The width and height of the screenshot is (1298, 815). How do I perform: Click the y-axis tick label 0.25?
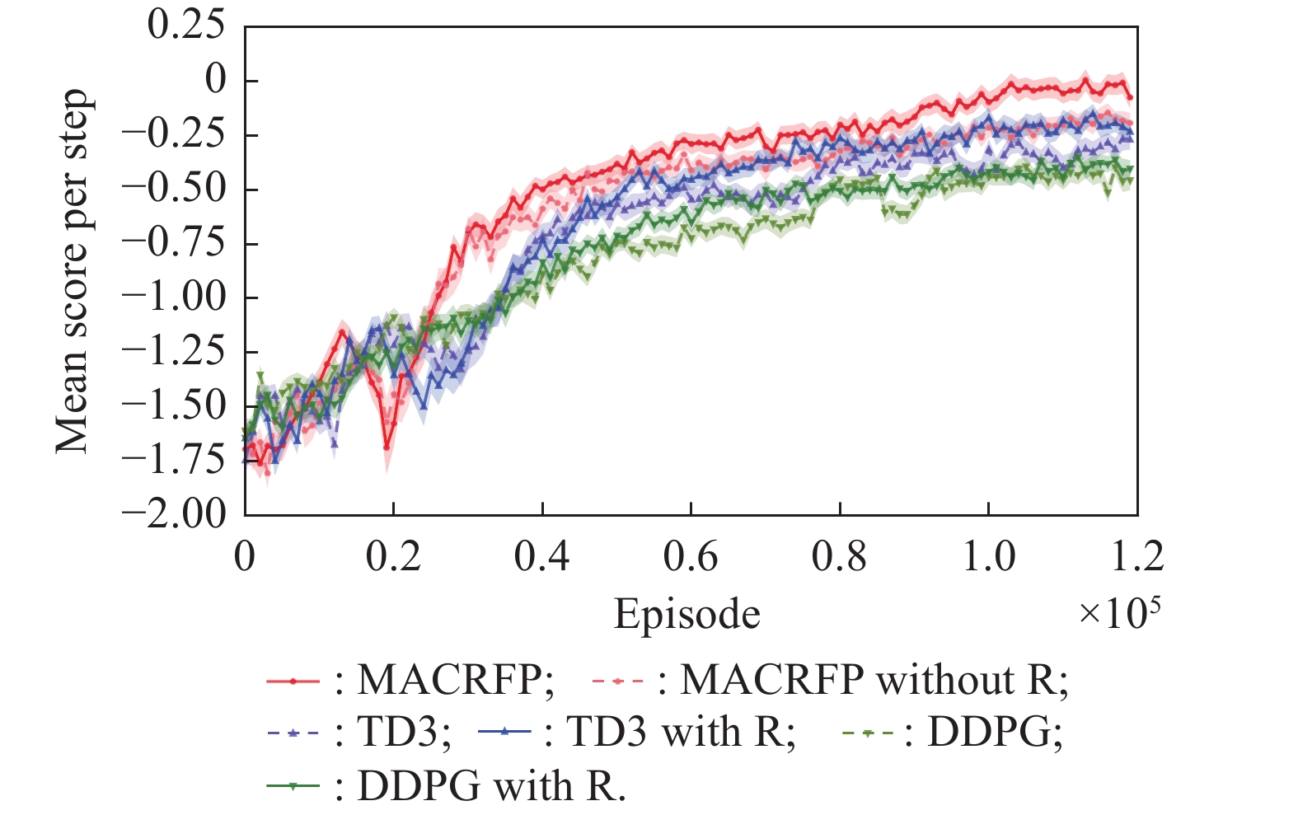click(x=185, y=26)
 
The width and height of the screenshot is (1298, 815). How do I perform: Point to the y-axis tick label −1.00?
click(x=174, y=297)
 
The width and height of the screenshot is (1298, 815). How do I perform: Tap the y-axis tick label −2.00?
click(x=174, y=514)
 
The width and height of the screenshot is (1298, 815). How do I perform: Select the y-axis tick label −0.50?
click(x=174, y=189)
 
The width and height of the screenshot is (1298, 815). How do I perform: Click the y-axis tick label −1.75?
click(x=174, y=460)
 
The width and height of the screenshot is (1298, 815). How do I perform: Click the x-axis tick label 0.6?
click(x=691, y=557)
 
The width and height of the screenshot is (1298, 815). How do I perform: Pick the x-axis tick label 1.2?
click(x=1136, y=557)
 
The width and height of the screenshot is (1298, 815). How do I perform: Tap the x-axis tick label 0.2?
click(x=393, y=557)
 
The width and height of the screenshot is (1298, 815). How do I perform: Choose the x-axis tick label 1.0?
click(x=988, y=557)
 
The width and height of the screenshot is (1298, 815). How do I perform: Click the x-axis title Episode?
click(x=686, y=615)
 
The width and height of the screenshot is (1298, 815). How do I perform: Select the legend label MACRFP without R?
click(x=874, y=681)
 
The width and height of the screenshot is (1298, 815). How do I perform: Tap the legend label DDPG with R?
click(x=491, y=786)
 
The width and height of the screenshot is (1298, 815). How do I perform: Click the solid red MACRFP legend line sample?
click(x=293, y=682)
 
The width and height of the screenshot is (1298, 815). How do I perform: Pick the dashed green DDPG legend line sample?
click(x=869, y=732)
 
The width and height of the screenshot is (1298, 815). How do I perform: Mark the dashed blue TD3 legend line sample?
click(x=293, y=732)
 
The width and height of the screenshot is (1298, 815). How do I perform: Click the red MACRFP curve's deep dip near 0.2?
click(x=387, y=447)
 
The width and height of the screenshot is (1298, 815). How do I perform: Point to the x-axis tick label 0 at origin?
click(x=245, y=557)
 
